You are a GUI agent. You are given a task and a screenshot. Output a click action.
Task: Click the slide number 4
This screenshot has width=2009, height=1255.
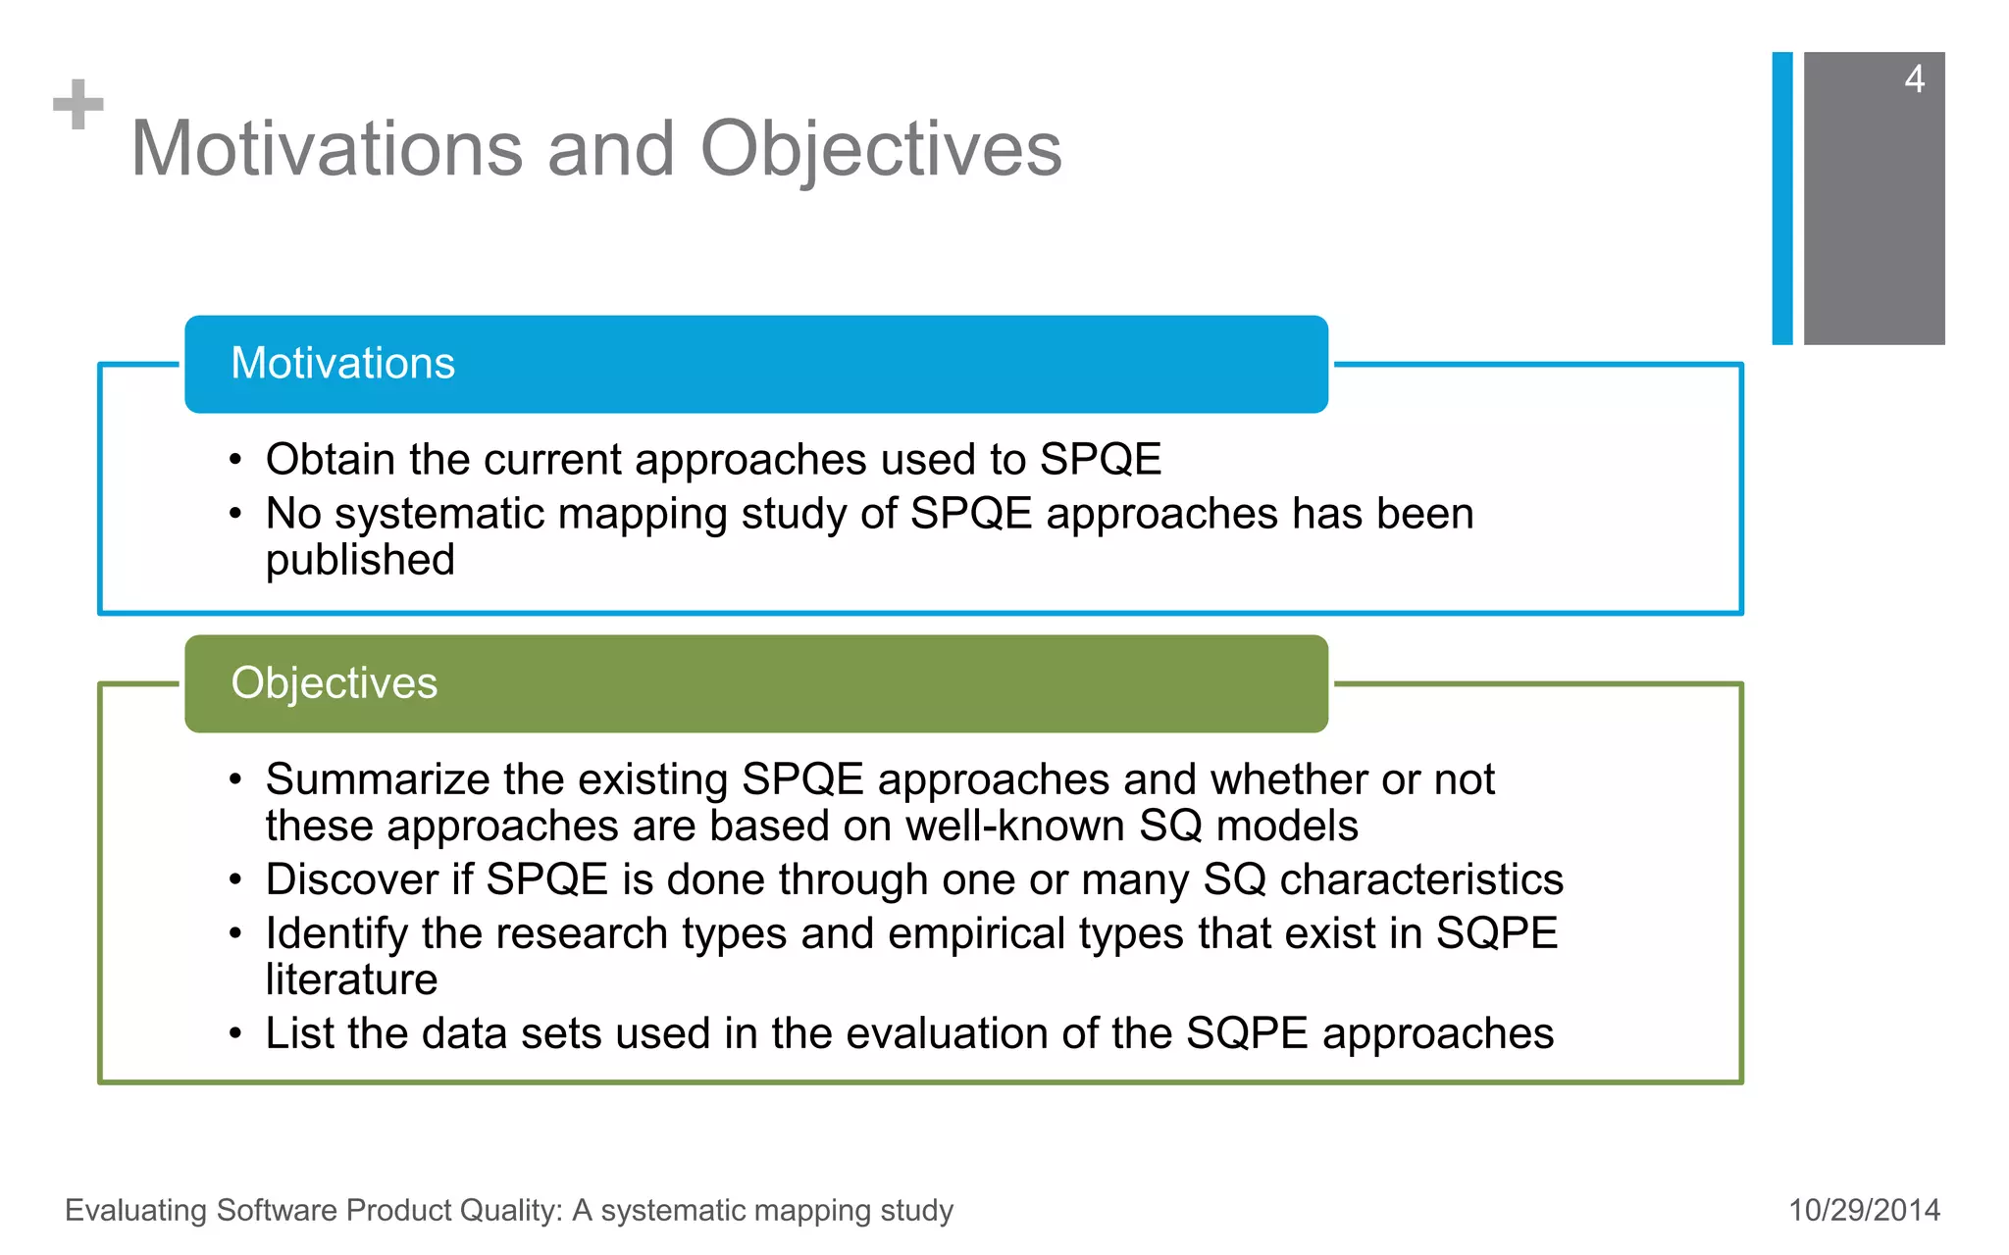coord(1914,79)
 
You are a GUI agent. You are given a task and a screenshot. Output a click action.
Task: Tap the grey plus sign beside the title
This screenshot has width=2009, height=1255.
coord(78,105)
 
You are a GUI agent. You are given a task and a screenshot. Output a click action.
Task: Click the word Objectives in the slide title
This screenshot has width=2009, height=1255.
coord(880,149)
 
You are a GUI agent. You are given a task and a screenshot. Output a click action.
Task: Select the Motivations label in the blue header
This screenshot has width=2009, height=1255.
coord(342,364)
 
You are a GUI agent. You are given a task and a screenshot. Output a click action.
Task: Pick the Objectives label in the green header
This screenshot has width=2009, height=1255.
coord(334,683)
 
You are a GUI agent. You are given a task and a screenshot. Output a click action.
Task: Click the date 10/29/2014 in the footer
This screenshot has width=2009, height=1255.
coord(1864,1210)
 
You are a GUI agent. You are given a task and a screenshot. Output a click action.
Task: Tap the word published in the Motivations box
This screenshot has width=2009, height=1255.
coord(360,561)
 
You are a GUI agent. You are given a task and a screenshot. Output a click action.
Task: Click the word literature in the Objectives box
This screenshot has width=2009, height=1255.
coord(351,979)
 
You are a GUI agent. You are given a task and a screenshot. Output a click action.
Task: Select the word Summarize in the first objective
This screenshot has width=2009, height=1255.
coord(377,780)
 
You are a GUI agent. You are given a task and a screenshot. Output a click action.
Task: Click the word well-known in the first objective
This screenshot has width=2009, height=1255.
coord(1014,827)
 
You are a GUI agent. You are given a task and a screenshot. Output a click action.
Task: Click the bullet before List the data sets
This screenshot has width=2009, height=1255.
coord(235,1033)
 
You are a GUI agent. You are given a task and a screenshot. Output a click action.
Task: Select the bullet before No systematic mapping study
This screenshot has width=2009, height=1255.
coord(235,514)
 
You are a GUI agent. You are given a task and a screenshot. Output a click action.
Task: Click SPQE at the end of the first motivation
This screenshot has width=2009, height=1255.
coord(1100,460)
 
